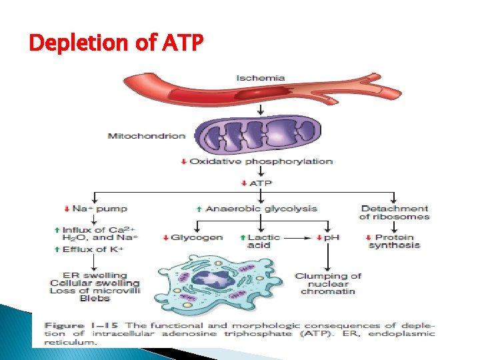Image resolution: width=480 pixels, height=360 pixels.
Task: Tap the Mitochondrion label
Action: click(147, 136)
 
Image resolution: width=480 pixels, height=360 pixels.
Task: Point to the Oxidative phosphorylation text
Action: click(261, 161)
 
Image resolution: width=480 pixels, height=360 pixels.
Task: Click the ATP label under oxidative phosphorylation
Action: click(261, 183)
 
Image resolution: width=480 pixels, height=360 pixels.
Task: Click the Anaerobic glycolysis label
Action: click(261, 209)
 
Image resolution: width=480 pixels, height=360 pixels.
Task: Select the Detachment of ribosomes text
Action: click(394, 213)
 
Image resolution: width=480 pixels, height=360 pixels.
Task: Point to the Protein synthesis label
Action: click(394, 241)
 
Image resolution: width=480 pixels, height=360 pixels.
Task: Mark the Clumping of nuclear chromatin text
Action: click(328, 283)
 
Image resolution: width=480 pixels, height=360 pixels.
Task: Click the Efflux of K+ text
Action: click(100, 249)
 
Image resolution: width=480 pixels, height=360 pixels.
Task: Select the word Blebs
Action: click(95, 299)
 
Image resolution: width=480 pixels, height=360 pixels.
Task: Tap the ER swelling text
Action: click(95, 275)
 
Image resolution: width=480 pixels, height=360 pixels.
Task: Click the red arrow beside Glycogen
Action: click(165, 237)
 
